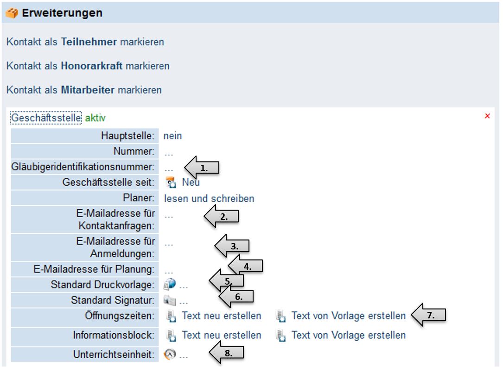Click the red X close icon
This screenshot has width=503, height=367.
pyautogui.click(x=487, y=116)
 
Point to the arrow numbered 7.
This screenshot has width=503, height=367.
pyautogui.click(x=429, y=315)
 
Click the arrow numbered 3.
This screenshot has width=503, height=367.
pyautogui.click(x=232, y=247)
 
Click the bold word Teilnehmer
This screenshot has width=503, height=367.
pyautogui.click(x=89, y=42)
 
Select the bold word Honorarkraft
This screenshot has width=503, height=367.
pyautogui.click(x=92, y=66)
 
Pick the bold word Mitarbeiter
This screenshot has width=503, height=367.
pyautogui.click(x=88, y=90)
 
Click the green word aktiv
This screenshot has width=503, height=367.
pyautogui.click(x=95, y=118)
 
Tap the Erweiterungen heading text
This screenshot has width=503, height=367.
pyautogui.click(x=62, y=13)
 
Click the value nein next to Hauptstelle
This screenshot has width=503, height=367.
pyautogui.click(x=172, y=136)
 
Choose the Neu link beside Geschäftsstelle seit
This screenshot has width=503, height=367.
pyautogui.click(x=191, y=182)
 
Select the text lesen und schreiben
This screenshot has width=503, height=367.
pyautogui.click(x=209, y=199)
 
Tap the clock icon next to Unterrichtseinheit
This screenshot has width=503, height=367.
pyautogui.click(x=170, y=355)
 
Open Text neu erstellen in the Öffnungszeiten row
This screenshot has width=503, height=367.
pyautogui.click(x=221, y=316)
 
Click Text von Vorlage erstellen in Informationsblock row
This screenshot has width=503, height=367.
pyautogui.click(x=348, y=335)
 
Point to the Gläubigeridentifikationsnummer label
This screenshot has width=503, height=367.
pyautogui.click(x=83, y=167)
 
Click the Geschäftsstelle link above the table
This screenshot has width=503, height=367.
pyautogui.click(x=46, y=118)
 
